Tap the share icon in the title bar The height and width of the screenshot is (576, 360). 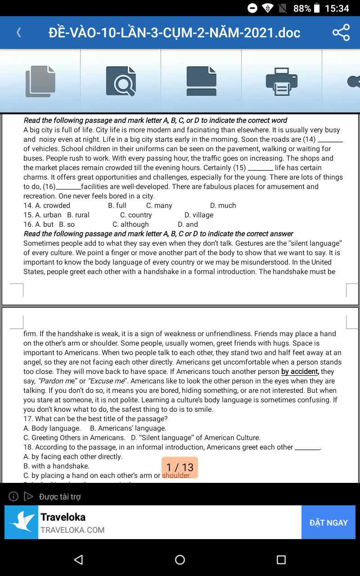[x=341, y=33]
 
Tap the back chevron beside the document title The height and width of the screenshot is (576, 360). [x=19, y=32]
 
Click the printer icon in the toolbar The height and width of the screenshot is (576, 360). [x=282, y=81]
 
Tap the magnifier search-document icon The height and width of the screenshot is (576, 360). [x=121, y=81]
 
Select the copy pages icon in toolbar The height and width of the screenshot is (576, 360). [x=40, y=81]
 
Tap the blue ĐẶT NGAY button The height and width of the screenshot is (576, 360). [x=328, y=522]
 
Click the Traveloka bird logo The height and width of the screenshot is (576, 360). [x=22, y=522]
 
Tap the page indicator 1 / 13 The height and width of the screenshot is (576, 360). [x=180, y=468]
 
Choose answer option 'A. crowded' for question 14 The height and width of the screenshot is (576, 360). [x=47, y=206]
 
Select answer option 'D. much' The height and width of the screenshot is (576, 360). [x=223, y=206]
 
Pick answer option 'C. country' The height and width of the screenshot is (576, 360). [x=136, y=215]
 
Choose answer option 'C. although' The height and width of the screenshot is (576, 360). [x=130, y=225]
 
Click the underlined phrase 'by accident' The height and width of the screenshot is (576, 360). [x=300, y=372]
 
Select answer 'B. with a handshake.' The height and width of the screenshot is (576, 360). [x=56, y=466]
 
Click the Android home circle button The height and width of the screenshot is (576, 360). [x=180, y=559]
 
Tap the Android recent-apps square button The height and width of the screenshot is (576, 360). [x=281, y=559]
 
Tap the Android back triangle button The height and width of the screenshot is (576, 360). [x=79, y=559]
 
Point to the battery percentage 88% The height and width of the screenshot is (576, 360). [x=302, y=9]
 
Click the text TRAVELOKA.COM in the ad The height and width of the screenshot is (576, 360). [x=72, y=530]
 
